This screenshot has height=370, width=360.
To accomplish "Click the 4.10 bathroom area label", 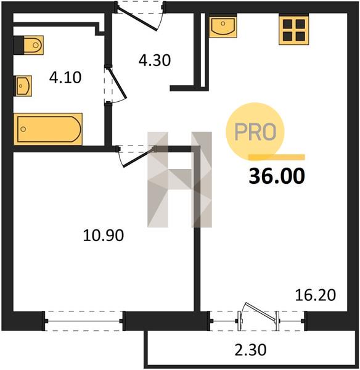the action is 65,78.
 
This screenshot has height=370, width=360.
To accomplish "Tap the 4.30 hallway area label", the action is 155,60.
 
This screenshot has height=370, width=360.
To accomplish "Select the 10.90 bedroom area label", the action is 104,236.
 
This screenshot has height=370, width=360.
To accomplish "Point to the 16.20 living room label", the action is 316,295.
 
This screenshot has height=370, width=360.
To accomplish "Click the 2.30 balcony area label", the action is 250,350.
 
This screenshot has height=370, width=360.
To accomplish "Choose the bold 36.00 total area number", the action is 277,176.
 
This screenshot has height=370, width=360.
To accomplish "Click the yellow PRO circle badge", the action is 255,131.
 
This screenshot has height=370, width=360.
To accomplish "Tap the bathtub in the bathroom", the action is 48,129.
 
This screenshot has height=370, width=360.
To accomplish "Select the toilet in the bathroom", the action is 29,45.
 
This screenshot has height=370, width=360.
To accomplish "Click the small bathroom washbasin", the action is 23,86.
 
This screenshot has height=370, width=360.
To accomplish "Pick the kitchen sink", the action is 223,26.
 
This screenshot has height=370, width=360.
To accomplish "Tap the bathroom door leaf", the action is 117,83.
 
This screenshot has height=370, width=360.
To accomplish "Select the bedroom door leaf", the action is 139,157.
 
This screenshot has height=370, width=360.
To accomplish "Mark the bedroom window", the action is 83,321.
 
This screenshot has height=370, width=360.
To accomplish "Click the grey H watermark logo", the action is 179,179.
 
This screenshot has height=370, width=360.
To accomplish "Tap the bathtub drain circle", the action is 23,129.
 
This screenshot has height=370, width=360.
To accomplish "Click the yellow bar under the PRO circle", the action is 277,157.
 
